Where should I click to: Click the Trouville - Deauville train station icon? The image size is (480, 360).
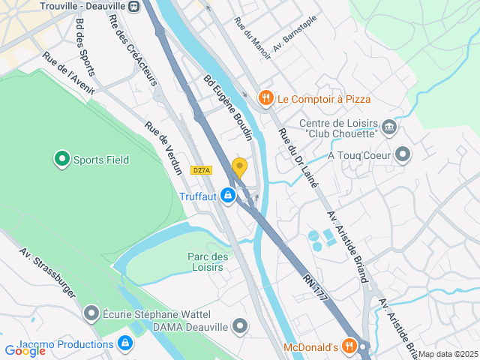133,7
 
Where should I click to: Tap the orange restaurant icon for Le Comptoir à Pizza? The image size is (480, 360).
265,98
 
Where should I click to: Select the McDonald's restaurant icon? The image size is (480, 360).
348,346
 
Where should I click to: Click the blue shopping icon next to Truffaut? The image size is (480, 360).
228,196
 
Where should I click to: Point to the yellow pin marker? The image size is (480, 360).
239,167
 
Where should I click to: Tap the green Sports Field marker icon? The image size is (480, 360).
61,159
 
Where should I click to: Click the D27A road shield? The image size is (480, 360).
201,170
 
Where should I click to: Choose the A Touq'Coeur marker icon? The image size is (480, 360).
403,155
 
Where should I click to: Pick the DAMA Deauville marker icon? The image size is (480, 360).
240,326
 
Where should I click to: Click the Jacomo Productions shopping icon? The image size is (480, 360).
125,344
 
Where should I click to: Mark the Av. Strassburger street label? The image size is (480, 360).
48,274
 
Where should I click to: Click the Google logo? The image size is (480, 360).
25,350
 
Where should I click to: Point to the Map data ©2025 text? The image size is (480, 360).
448,354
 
